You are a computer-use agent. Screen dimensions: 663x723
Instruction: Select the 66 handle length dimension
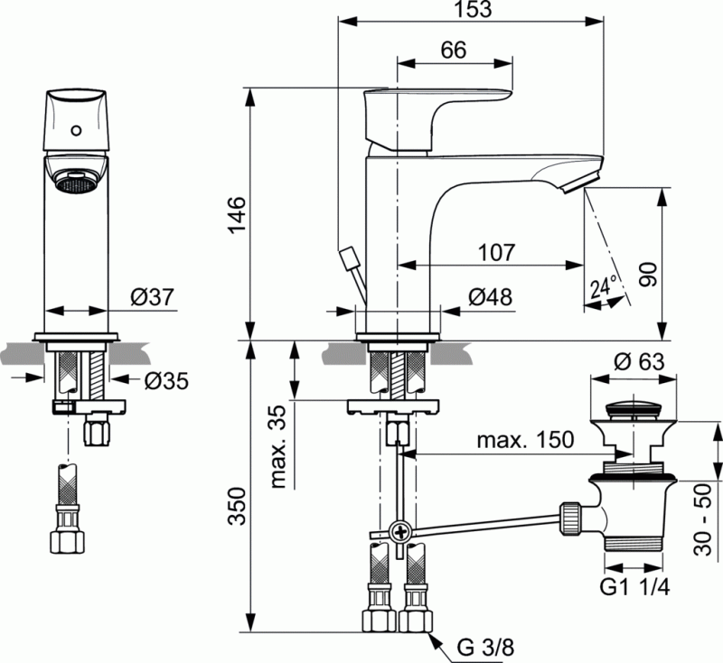click(454, 51)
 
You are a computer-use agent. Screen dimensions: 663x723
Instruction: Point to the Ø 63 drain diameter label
click(640, 363)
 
